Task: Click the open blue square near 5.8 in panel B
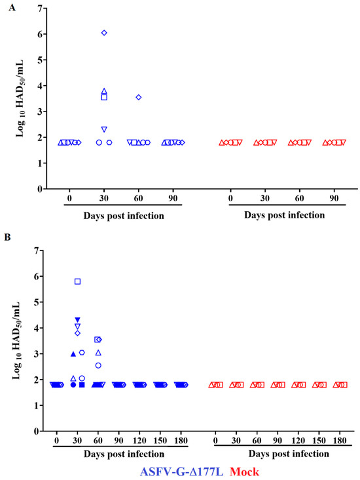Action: coord(78,281)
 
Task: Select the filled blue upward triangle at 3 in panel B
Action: coord(73,354)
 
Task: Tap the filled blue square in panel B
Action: coord(82,385)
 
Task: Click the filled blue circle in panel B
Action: coord(73,385)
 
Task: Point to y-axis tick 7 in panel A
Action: coord(41,8)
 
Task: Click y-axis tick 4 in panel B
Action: coord(41,328)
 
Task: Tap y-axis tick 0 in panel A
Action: coord(41,189)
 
